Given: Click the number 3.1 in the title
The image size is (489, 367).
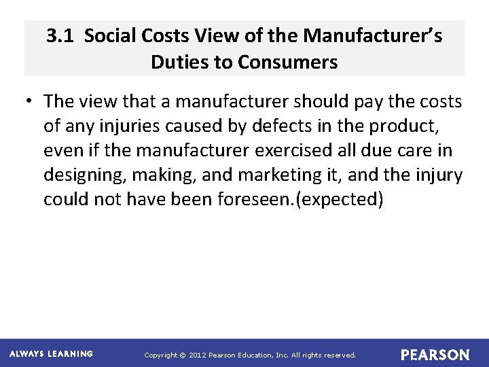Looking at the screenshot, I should tap(60, 36).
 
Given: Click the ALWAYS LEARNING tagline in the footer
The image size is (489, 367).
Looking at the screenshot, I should tap(52, 354).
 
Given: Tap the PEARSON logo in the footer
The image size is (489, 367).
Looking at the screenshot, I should tap(435, 355).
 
